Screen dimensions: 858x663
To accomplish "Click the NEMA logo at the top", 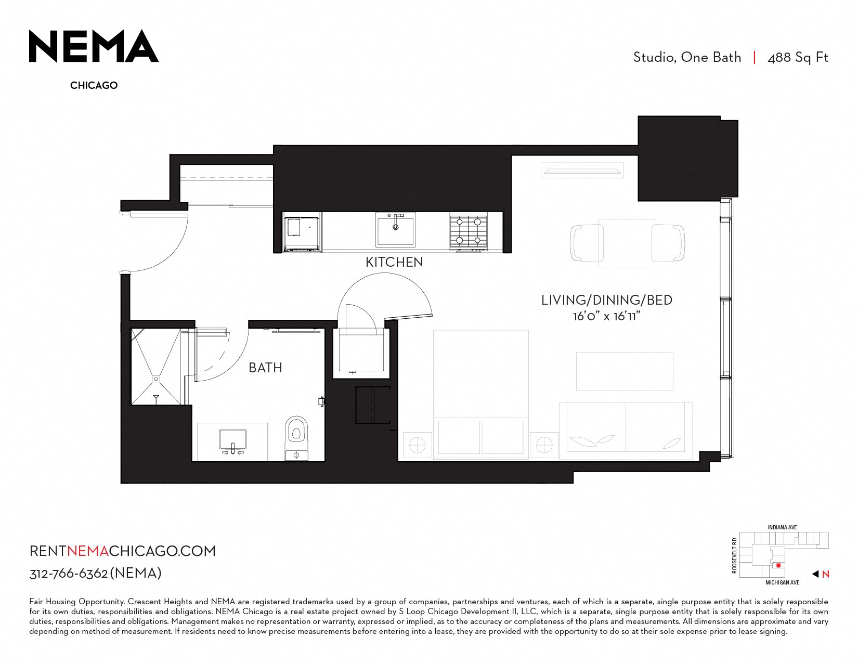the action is click(x=94, y=46).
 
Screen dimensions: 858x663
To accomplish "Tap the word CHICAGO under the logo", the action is click(x=94, y=85).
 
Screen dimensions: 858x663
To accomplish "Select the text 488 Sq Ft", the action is click(x=798, y=58).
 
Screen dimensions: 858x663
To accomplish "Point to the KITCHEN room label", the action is click(x=394, y=262).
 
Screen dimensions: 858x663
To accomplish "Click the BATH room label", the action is click(x=265, y=368).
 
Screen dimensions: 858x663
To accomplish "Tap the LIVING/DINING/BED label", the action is click(x=606, y=300).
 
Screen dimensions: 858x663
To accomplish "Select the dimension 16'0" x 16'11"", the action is click(x=606, y=316).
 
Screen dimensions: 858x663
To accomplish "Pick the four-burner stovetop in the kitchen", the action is click(x=469, y=231).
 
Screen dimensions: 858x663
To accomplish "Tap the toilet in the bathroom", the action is click(x=296, y=438).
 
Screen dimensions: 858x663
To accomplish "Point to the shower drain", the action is click(x=157, y=379).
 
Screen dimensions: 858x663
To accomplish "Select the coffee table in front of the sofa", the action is click(x=625, y=372).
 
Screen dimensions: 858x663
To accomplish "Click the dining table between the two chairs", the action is click(x=627, y=243).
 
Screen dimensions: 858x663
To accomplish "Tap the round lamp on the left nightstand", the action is click(x=418, y=446).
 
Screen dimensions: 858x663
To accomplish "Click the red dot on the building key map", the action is click(x=778, y=565).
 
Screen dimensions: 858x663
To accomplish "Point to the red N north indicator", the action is click(x=825, y=575).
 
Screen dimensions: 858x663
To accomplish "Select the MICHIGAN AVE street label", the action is click(x=782, y=583).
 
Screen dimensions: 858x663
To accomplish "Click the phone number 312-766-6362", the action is click(x=69, y=574).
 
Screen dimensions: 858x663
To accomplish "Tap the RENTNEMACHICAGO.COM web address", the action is click(x=123, y=551).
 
